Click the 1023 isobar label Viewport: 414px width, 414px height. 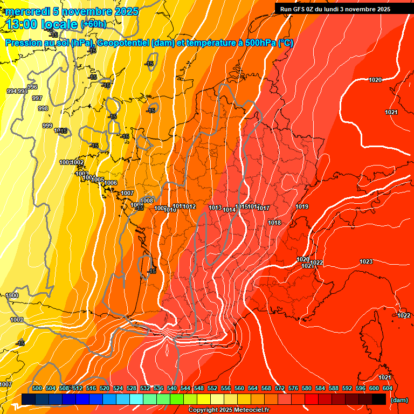pyautogui.click(x=366, y=261)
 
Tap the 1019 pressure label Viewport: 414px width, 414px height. pyautogui.click(x=302, y=206)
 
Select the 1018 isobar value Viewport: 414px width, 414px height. pyautogui.click(x=274, y=223)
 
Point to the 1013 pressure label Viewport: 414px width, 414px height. pyautogui.click(x=215, y=208)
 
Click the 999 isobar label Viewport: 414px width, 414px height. pyautogui.click(x=47, y=126)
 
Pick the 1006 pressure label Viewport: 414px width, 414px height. pyautogui.click(x=111, y=183)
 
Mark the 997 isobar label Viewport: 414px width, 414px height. pyautogui.click(x=37, y=98)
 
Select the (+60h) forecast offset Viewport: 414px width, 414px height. pyautogui.click(x=93, y=24)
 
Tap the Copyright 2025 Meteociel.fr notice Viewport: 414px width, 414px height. pyautogui.click(x=229, y=410)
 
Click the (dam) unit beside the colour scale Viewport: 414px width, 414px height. pyautogui.click(x=399, y=400)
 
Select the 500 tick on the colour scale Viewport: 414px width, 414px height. pyautogui.click(x=37, y=388)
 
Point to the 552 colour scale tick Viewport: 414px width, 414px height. pyautogui.click(x=212, y=388)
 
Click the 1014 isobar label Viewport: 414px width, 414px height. pyautogui.click(x=229, y=210)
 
